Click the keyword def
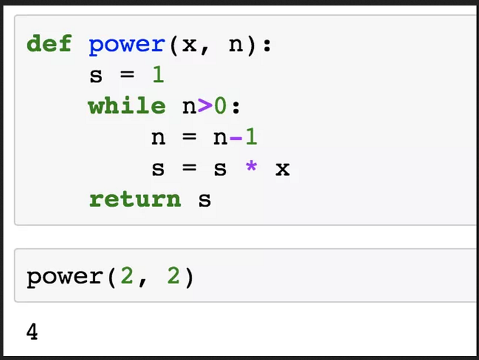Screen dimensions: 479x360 (49, 44)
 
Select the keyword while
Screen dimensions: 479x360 (127, 106)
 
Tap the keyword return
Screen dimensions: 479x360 (135, 199)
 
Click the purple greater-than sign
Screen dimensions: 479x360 (204, 107)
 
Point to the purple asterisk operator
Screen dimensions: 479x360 (251, 167)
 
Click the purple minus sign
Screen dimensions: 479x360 (235, 138)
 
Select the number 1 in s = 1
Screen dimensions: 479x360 (158, 75)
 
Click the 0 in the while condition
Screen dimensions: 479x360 (220, 106)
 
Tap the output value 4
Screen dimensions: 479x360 (32, 333)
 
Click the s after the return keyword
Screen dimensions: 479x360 (205, 200)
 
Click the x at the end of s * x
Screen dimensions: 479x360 (282, 168)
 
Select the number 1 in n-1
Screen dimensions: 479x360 (251, 137)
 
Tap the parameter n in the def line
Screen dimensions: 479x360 (235, 46)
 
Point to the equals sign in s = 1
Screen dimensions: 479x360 (127, 76)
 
